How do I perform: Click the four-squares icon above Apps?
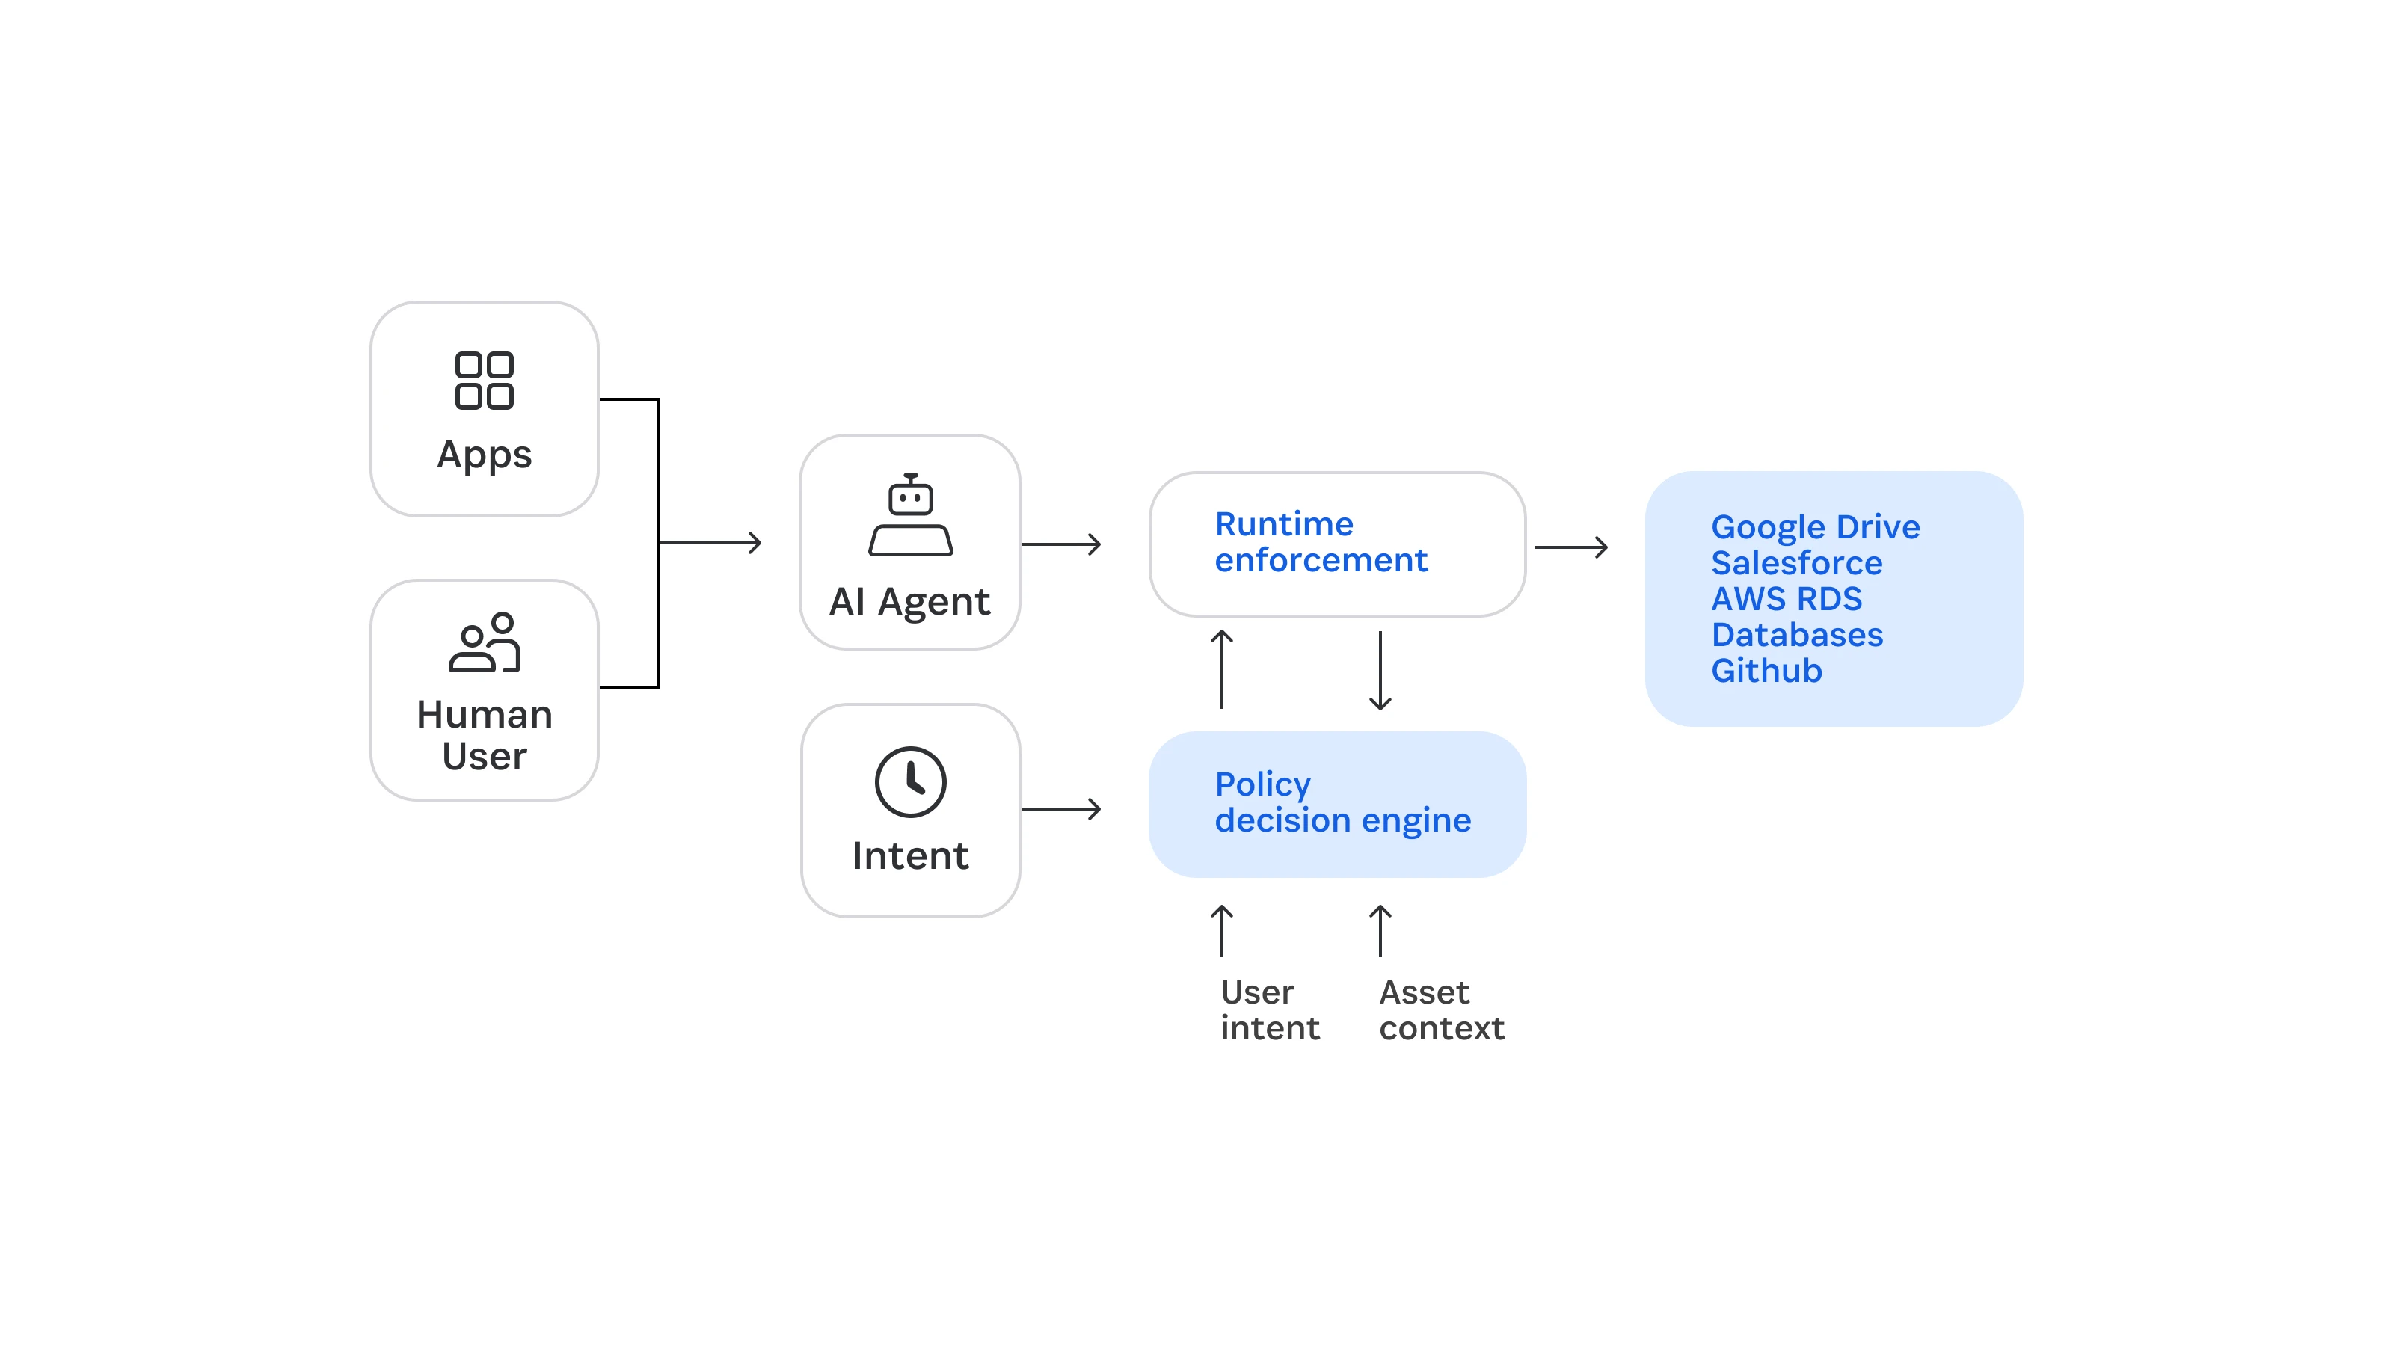coord(484,380)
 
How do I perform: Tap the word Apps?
coord(484,455)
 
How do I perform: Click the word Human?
coord(484,714)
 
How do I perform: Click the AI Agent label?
coord(909,602)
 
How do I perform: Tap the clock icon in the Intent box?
coord(910,781)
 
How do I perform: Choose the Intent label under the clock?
coord(910,855)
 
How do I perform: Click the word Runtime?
coord(1284,524)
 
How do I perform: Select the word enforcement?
coord(1320,560)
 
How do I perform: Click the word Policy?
coord(1262,785)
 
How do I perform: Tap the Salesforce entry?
coord(1795,563)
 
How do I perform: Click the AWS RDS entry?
coord(1786,599)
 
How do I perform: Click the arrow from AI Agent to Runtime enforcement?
coord(1061,544)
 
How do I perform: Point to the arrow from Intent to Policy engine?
coord(1061,809)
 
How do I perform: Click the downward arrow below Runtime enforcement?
coord(1380,671)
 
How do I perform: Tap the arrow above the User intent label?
coord(1222,931)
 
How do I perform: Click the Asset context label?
coord(1441,1011)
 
